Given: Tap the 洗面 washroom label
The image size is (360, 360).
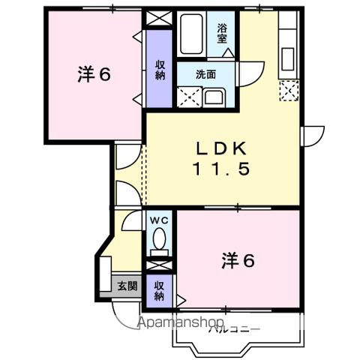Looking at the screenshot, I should [x=205, y=74].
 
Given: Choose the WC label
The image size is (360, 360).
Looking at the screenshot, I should [x=158, y=220].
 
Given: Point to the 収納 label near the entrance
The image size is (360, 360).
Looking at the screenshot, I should [x=159, y=290].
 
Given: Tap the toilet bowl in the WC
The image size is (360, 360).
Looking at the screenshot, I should [x=159, y=240].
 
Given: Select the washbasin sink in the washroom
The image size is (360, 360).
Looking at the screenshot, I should [x=213, y=96].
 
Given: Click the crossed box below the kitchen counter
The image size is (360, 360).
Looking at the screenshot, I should [x=288, y=91].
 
